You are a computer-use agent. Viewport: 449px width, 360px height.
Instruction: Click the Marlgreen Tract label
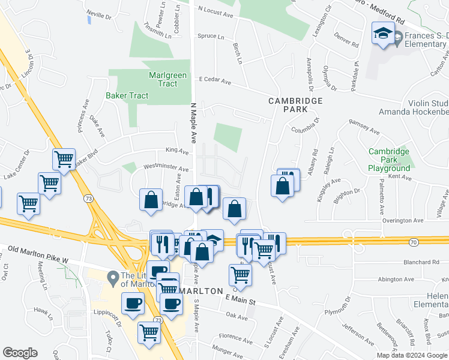pyautogui.click(x=167, y=80)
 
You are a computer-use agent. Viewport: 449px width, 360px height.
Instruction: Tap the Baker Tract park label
pyautogui.click(x=127, y=95)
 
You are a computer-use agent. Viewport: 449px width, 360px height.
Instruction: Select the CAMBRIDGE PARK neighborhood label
pyautogui.click(x=295, y=105)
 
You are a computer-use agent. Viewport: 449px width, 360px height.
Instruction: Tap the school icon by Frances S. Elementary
pyautogui.click(x=382, y=35)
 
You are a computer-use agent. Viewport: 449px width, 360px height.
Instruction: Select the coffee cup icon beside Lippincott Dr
pyautogui.click(x=133, y=303)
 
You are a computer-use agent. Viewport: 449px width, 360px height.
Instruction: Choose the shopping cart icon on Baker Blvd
pyautogui.click(x=64, y=160)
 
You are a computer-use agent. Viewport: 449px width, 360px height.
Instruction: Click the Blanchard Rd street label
pyautogui.click(x=421, y=262)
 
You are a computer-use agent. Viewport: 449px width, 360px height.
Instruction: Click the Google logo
pyautogui.click(x=20, y=353)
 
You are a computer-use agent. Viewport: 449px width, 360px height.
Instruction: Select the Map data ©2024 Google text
pyautogui.click(x=411, y=355)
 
